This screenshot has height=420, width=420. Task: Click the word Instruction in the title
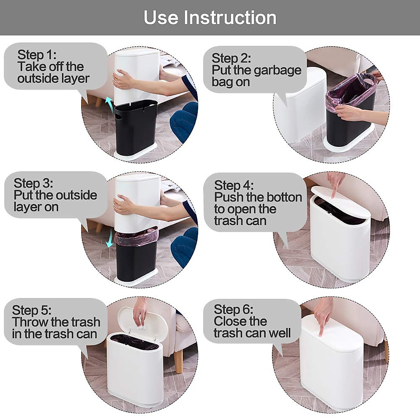coord(230,18)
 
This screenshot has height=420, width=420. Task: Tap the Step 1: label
coord(37,55)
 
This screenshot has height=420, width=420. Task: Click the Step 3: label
coord(33,183)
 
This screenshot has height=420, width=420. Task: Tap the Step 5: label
coord(32,310)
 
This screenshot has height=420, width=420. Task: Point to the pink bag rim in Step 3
coord(136,236)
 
